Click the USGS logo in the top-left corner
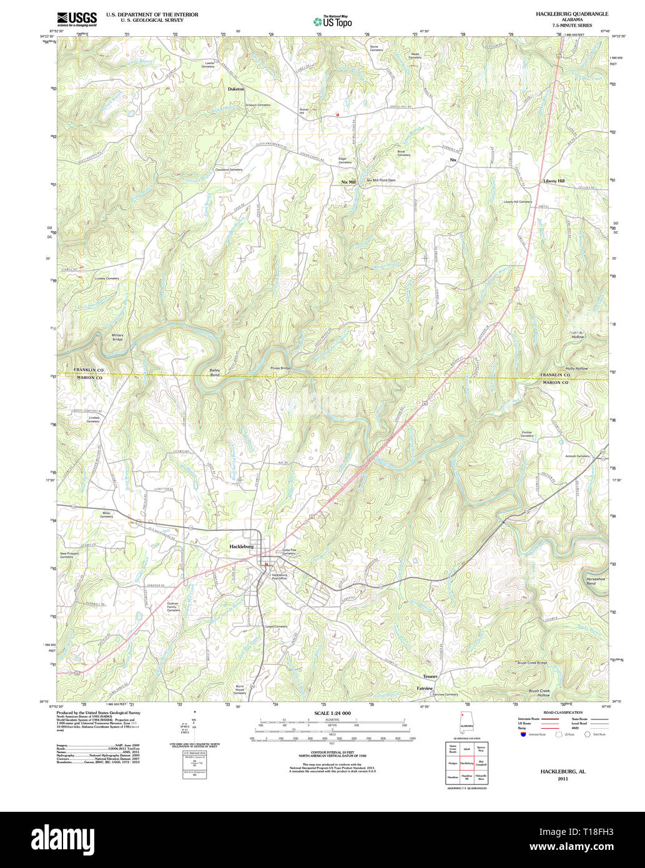pyautogui.click(x=77, y=19)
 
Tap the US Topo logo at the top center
pyautogui.click(x=332, y=22)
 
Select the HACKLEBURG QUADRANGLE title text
pyautogui.click(x=572, y=14)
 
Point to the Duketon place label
pyautogui.click(x=236, y=89)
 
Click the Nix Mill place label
pyautogui.click(x=348, y=182)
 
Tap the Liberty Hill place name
pyautogui.click(x=553, y=181)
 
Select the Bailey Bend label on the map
pyautogui.click(x=215, y=373)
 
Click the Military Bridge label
pyautogui.click(x=117, y=337)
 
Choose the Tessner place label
pyautogui.click(x=430, y=676)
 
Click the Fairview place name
pyautogui.click(x=425, y=688)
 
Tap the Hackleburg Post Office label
pyautogui.click(x=278, y=576)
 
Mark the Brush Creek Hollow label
pyautogui.click(x=539, y=693)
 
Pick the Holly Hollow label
pyautogui.click(x=576, y=368)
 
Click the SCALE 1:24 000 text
pyautogui.click(x=332, y=713)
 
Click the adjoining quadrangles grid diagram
pyautogui.click(x=466, y=762)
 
